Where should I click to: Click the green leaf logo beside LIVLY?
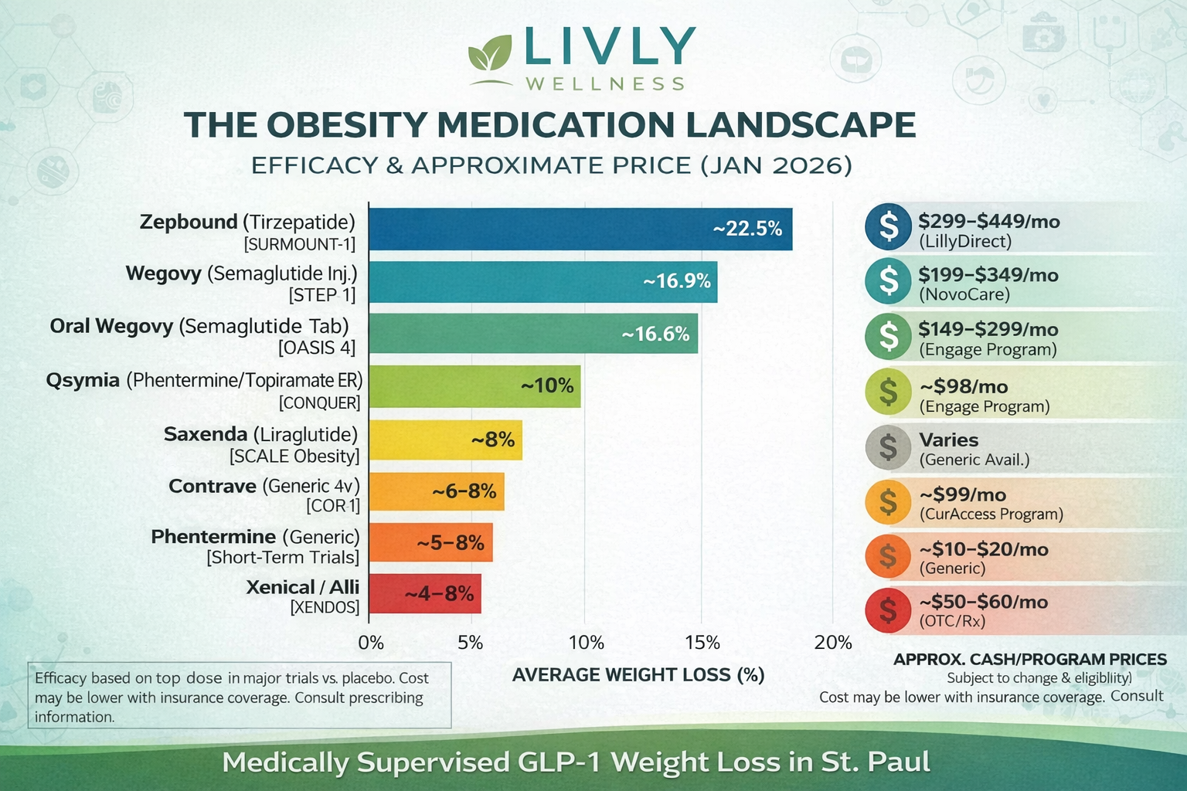coord(491,56)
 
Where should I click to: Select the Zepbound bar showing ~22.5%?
coord(580,229)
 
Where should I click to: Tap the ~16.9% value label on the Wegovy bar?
coord(677,281)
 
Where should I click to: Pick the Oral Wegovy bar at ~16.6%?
coord(533,334)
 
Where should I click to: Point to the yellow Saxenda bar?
coord(445,440)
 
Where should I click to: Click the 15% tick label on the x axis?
coord(702,643)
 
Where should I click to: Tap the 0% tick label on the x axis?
coord(371,643)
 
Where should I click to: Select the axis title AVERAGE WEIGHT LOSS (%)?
coord(638,675)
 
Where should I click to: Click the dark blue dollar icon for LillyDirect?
coord(889,226)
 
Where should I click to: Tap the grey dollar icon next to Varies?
coord(889,447)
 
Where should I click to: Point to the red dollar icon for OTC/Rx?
coord(889,609)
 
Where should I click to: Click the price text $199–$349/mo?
coord(988,275)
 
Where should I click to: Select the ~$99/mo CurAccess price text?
coord(962,494)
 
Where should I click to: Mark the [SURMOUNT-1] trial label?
coord(299,245)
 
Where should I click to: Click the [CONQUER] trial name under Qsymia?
coord(319,403)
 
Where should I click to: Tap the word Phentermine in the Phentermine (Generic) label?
coord(213,537)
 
